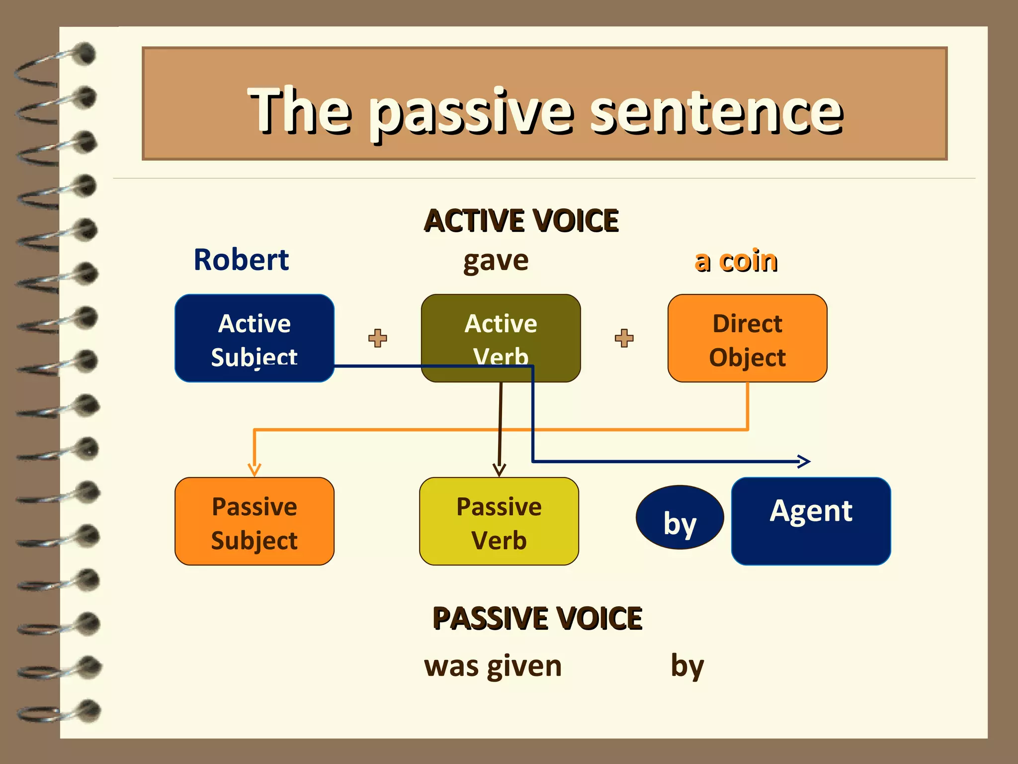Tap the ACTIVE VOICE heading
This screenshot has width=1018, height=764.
(521, 221)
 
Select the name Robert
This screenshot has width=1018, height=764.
(241, 260)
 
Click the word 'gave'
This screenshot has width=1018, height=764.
(496, 261)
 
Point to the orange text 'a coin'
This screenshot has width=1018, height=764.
(736, 261)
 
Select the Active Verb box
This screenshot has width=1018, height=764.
(501, 328)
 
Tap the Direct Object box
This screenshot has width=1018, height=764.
(747, 338)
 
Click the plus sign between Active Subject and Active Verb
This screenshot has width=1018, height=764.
(378, 338)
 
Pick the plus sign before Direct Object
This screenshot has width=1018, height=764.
(624, 338)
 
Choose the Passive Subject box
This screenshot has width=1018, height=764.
(254, 521)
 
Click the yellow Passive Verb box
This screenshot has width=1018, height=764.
(499, 521)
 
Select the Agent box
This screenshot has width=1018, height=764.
(811, 521)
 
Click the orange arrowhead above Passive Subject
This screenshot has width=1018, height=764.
(254, 470)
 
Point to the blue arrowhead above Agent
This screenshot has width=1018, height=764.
(804, 462)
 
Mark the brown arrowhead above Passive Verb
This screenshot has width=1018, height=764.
(499, 470)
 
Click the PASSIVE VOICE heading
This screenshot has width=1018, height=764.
(537, 618)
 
